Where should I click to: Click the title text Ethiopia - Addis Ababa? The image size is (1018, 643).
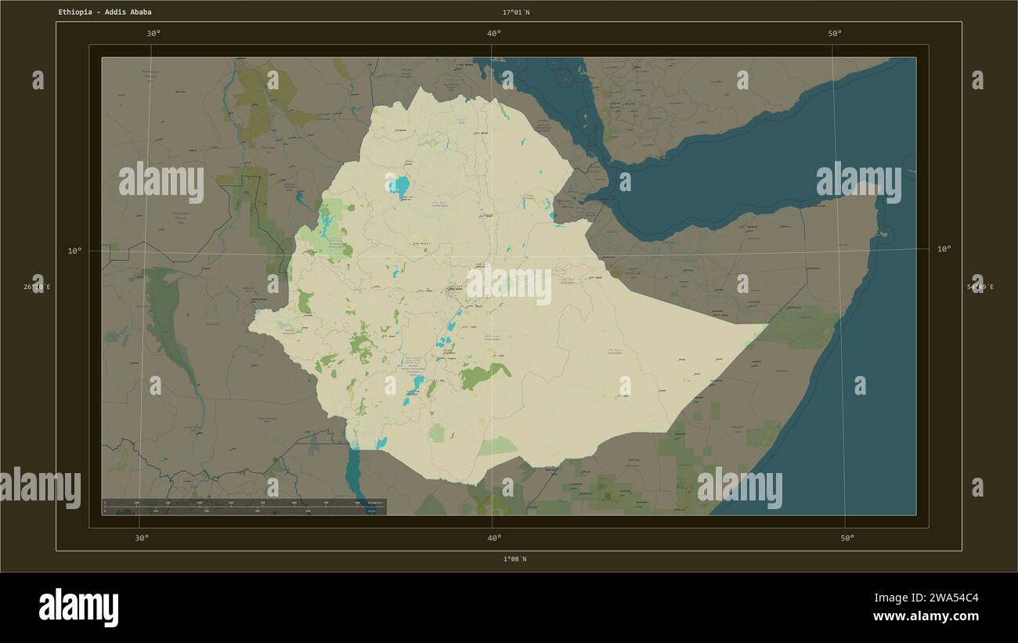105,13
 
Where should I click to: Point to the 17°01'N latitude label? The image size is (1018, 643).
516,13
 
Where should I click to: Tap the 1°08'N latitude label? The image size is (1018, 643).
514,559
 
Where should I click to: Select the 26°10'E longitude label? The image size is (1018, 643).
37,287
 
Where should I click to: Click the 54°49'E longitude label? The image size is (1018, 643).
980,287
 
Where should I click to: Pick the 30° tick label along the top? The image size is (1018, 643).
153,34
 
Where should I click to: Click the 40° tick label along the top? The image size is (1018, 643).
494,34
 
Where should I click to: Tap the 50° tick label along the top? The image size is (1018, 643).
835,34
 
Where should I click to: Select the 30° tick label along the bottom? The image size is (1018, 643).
142,538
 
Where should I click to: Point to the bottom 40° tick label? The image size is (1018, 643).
494,538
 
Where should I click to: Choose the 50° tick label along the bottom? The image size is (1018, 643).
847,538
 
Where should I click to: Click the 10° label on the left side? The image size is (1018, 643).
74,251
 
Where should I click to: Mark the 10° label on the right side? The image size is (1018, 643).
944,249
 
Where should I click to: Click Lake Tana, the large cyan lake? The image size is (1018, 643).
400,186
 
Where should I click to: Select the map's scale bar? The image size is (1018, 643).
244,507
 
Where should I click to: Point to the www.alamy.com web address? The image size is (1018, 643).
926,617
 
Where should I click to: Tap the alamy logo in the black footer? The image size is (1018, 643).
78,608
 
